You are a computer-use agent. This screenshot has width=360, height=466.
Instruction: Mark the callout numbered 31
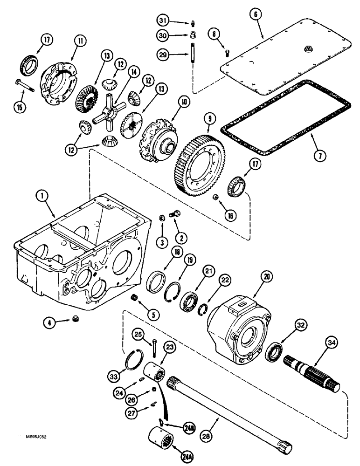161,21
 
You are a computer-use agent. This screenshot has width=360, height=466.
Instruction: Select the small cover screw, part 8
226,53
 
